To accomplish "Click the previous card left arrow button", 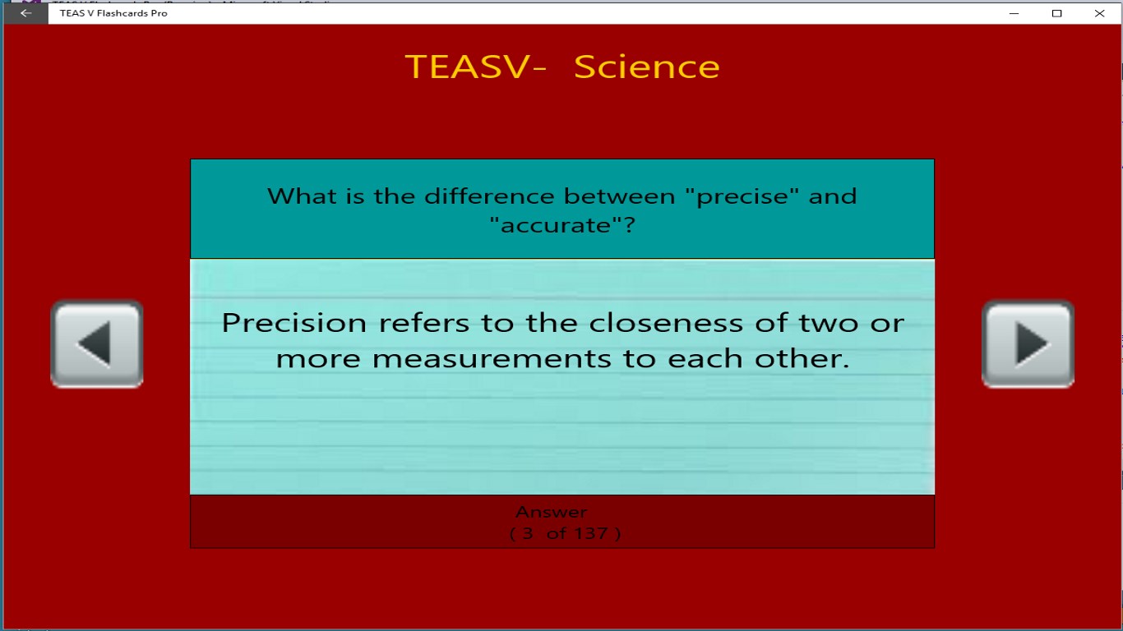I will point(97,343).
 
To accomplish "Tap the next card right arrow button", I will point(1028,343).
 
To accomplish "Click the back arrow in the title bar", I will point(25,13).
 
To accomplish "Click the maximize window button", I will point(1057,13).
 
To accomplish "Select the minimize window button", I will point(1015,13).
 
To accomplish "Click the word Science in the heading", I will point(646,67).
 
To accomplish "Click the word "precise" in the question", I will point(744,197).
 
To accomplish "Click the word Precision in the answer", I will point(294,323).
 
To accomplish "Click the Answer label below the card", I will point(551,512).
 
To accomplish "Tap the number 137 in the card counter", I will point(590,533).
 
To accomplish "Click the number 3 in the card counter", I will point(528,533).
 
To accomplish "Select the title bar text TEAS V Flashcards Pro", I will point(113,13).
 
